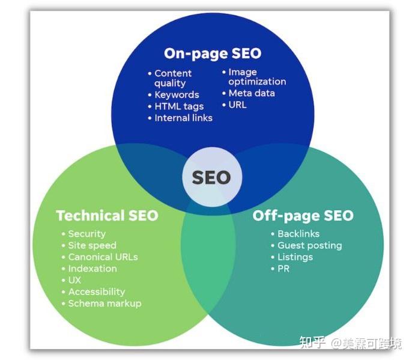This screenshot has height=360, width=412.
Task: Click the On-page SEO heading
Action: tap(213, 53)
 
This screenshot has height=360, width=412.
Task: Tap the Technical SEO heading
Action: tap(107, 216)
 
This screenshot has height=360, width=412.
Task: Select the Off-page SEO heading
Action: tap(303, 216)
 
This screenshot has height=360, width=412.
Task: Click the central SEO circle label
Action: tap(211, 177)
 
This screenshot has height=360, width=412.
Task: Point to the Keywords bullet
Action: tap(174, 95)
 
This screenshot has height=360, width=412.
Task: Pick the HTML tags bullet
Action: tap(176, 106)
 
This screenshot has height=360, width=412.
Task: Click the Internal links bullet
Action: tap(180, 118)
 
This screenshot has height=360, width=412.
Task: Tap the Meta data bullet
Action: tap(249, 93)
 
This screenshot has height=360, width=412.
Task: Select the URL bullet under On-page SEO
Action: tap(234, 105)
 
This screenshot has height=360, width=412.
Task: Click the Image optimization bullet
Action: tap(254, 77)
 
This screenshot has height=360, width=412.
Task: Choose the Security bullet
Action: tap(83, 234)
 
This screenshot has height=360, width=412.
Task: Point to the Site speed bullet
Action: tap(89, 246)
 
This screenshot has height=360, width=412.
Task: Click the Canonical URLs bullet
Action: tap(100, 257)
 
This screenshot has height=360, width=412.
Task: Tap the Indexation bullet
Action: tap(89, 269)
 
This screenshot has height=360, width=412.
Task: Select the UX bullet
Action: tap(71, 280)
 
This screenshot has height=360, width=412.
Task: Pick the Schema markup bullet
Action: tap(101, 304)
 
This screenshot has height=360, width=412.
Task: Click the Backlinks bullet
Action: tap(295, 234)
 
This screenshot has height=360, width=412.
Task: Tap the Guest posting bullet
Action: tap(307, 246)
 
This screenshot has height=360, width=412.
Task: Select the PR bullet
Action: tap(280, 269)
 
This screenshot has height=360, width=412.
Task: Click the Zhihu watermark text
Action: tap(351, 343)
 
